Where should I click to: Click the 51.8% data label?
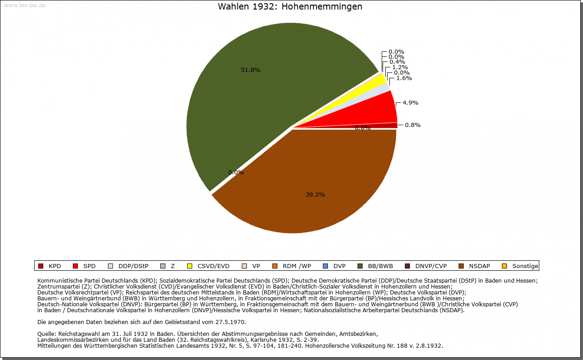click(x=251, y=70)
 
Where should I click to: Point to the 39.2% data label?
click(x=315, y=195)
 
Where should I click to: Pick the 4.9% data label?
click(x=410, y=103)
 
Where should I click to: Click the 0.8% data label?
click(x=413, y=125)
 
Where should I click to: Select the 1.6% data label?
click(x=404, y=78)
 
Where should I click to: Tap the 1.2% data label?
click(x=400, y=67)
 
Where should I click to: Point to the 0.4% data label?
click(x=397, y=62)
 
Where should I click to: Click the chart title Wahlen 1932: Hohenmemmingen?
click(x=290, y=7)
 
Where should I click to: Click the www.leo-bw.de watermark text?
click(x=25, y=5)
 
